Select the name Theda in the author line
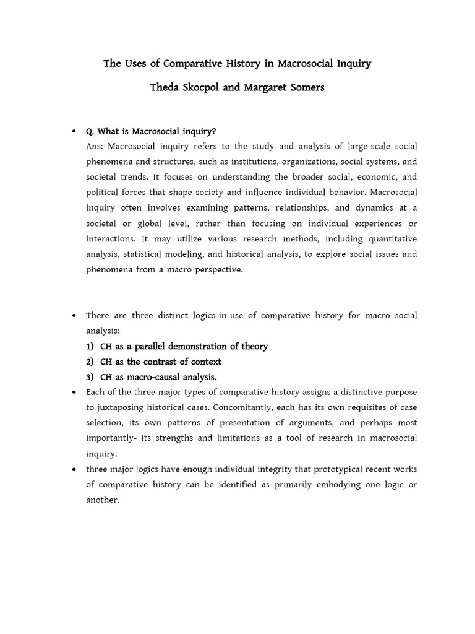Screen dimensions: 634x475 [x=165, y=87]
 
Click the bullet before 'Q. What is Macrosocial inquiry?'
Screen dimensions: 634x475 [x=74, y=131]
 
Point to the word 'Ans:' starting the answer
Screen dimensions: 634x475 [x=95, y=146]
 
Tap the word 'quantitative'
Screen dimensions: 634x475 [x=393, y=238]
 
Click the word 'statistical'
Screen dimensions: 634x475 [x=148, y=254]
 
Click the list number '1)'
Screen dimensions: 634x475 [x=91, y=346]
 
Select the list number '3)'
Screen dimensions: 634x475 [x=91, y=377]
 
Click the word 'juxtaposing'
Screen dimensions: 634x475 [x=121, y=407]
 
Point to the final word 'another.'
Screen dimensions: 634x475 [x=103, y=500]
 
